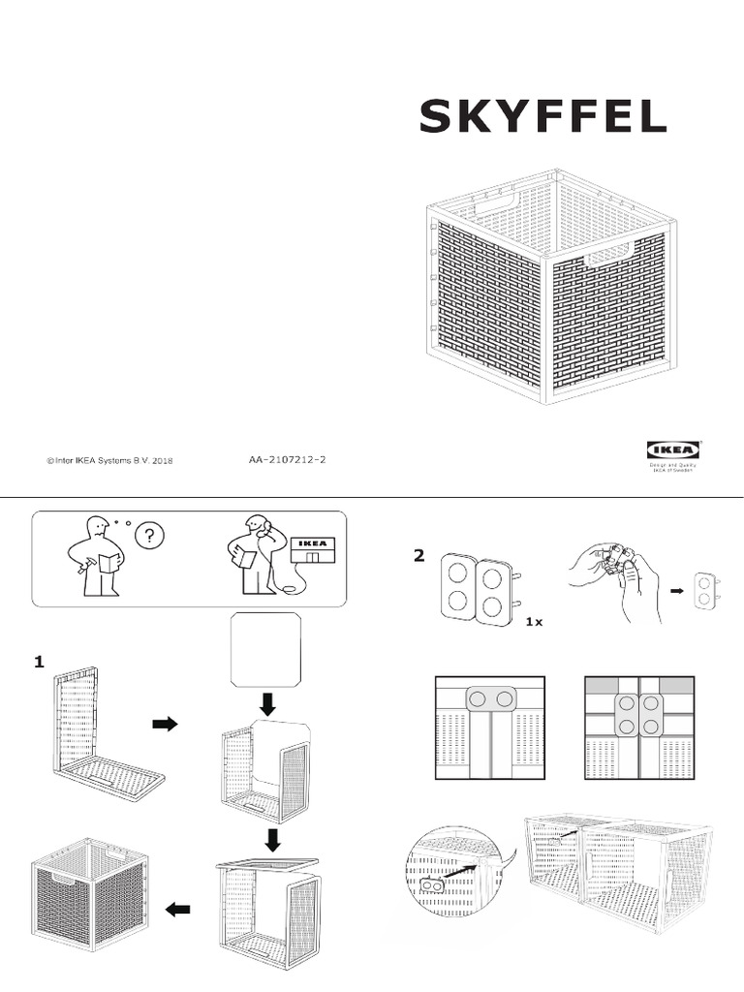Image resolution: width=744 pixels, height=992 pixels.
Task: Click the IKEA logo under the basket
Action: pos(674,450)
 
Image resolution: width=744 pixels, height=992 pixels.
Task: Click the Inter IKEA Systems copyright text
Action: pos(109,461)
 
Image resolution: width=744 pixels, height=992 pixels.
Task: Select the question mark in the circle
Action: pos(150,536)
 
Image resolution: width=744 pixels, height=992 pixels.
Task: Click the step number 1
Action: pos(39,663)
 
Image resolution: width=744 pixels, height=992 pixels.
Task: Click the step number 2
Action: pos(418,555)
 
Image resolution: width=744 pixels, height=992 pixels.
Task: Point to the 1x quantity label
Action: pos(533,622)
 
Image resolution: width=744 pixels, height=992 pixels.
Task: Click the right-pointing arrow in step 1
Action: pos(166,724)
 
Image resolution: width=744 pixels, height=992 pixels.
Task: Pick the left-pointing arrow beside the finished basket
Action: pos(177,909)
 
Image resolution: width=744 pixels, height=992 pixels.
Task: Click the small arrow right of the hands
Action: pos(677,588)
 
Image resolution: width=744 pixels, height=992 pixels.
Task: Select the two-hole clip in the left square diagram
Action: pos(489,698)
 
